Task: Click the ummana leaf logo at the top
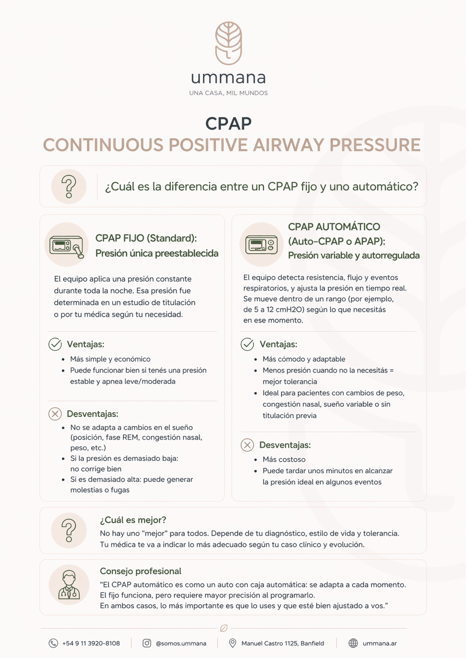click(x=228, y=43)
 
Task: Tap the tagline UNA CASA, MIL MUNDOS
click(x=228, y=93)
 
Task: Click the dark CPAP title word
click(x=228, y=124)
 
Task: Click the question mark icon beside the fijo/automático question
click(x=68, y=186)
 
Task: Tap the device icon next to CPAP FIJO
click(x=67, y=245)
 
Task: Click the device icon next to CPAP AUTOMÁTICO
click(x=261, y=244)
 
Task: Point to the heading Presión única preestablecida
click(x=157, y=253)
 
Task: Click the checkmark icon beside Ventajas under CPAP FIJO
click(x=55, y=344)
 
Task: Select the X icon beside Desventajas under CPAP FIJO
click(x=55, y=414)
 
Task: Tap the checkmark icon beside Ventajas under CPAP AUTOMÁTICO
click(x=247, y=344)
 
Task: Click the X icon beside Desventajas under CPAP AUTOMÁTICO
click(x=247, y=445)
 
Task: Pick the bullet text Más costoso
click(x=284, y=459)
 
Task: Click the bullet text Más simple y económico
click(x=110, y=359)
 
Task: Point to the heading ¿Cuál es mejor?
click(x=133, y=520)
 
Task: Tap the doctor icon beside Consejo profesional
click(x=69, y=585)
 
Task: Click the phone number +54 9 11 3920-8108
click(x=91, y=643)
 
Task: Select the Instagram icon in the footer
click(x=147, y=643)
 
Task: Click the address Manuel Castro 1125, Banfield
click(x=283, y=643)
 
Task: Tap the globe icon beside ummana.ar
click(x=353, y=643)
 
